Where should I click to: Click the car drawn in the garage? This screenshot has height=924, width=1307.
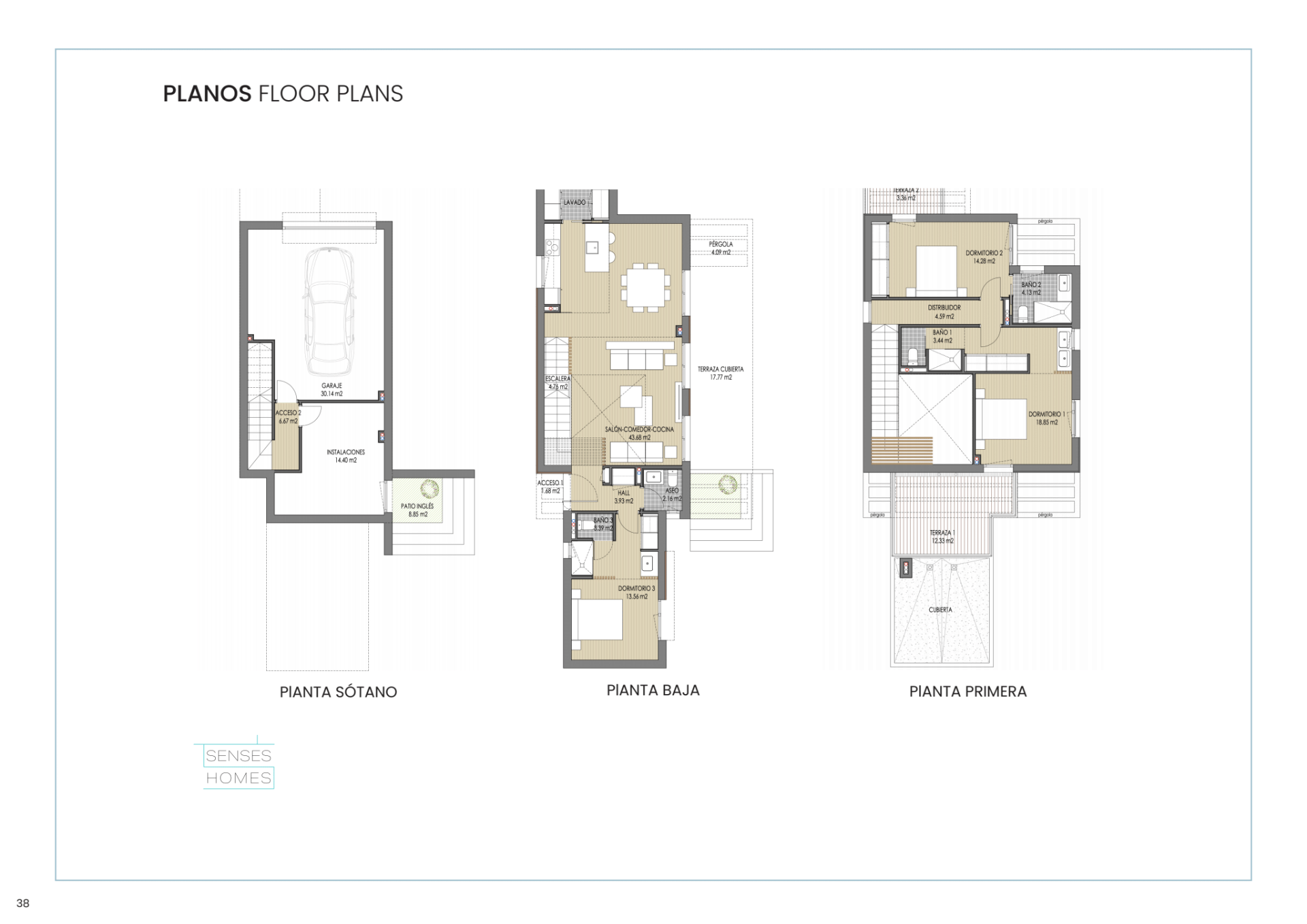330,312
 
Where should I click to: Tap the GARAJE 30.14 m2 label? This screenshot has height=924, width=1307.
332,390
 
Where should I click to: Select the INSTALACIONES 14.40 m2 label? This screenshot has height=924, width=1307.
346,456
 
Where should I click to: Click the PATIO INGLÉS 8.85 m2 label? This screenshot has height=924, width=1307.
417,510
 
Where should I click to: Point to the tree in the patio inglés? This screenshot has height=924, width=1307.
430,489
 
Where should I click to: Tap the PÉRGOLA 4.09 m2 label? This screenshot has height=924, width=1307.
721,248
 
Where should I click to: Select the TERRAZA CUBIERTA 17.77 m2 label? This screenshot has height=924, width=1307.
720,373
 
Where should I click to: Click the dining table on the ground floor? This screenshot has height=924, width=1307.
645,286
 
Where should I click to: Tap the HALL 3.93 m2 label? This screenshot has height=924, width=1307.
624,497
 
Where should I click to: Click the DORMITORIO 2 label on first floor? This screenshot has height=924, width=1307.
984,257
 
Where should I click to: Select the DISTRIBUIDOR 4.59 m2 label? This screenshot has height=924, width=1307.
944,312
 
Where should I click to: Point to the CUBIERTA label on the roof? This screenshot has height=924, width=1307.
940,610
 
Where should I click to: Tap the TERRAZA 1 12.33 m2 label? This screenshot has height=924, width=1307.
943,537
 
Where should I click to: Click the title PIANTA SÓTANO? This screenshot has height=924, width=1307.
338,692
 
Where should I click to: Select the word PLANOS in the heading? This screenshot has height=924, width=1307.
207,94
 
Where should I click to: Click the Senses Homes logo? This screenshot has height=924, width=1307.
238,767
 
